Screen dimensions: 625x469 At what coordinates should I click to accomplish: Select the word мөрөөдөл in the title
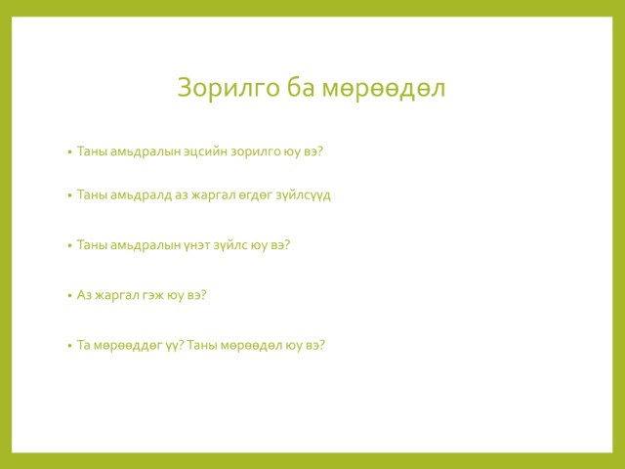click(384, 89)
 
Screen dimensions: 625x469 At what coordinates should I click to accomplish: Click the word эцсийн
click(205, 152)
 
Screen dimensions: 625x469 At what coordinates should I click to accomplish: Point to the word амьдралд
click(141, 195)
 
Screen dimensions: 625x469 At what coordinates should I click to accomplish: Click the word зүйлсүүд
click(304, 195)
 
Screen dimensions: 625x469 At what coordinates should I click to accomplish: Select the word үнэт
click(197, 245)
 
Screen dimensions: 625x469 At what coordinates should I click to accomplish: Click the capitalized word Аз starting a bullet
click(84, 295)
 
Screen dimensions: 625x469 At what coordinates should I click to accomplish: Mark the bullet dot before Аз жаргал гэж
click(69, 296)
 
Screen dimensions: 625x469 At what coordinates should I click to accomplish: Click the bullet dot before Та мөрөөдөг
click(69, 346)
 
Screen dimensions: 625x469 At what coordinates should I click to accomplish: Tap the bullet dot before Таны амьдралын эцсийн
click(69, 152)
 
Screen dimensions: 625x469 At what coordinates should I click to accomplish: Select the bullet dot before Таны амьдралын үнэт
click(69, 245)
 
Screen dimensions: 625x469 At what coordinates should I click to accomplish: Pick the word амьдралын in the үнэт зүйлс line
click(146, 245)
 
